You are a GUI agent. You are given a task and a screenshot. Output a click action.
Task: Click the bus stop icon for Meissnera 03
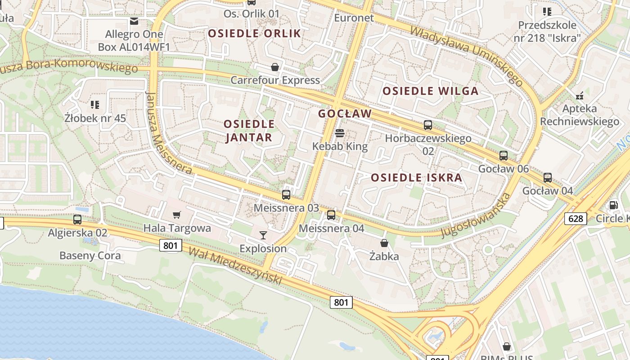[286, 195]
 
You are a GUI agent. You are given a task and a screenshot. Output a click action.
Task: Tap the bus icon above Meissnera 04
[331, 215]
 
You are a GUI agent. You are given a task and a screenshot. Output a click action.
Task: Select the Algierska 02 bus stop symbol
[77, 220]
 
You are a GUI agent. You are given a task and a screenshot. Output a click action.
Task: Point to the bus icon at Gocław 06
[504, 156]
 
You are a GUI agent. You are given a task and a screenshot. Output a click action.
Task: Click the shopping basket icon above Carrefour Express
[275, 67]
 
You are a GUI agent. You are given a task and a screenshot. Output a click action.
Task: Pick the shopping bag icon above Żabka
[384, 243]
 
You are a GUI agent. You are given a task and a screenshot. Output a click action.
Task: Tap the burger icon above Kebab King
[340, 133]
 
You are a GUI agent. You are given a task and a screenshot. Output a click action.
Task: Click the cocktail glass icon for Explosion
[263, 235]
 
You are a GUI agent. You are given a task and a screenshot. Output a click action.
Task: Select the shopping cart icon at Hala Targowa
[177, 215]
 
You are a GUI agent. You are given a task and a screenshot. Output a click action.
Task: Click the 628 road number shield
[576, 219]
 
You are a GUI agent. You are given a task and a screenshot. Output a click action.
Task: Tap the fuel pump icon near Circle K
[613, 205]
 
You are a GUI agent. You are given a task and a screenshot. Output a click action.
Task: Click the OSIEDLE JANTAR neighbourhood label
[249, 130]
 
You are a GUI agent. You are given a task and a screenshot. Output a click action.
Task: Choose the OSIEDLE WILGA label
[430, 91]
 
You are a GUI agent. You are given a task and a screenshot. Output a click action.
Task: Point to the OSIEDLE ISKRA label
[417, 178]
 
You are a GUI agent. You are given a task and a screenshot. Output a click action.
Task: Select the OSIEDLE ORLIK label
[254, 33]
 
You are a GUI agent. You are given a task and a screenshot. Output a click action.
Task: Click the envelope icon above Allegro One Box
[134, 21]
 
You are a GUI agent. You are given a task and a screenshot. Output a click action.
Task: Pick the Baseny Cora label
[90, 256]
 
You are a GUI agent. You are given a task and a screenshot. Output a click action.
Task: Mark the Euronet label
[354, 18]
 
